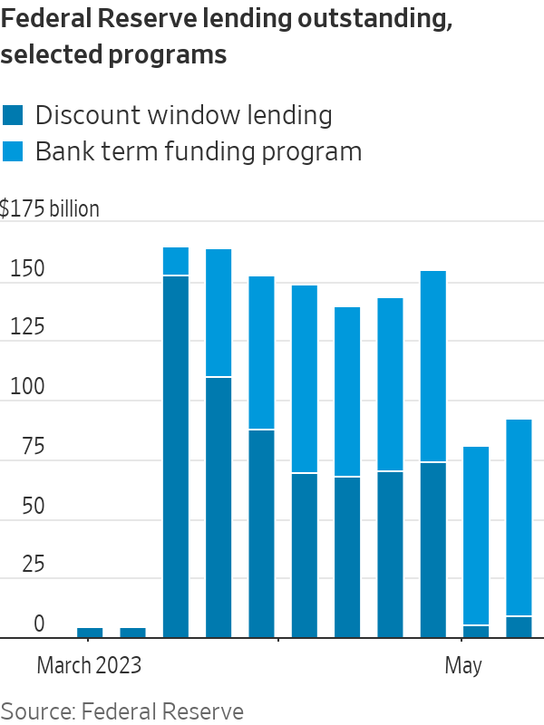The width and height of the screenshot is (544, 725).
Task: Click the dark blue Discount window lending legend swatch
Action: coord(14,115)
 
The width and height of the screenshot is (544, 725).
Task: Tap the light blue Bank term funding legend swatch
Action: coord(14,150)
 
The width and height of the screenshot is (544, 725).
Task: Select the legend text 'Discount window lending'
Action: coord(183,115)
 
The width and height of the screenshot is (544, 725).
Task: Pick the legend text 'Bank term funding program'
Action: coord(198,150)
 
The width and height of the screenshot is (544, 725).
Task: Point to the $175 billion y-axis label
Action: coord(50,208)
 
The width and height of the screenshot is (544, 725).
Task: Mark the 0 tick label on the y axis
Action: coord(39,624)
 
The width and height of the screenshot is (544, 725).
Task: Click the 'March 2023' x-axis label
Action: coord(89,666)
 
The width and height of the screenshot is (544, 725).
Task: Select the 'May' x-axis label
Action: coord(462,666)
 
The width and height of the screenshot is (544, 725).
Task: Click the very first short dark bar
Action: coord(90,633)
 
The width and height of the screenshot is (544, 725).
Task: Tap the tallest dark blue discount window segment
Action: coord(176,453)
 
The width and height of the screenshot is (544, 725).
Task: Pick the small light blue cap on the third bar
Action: coord(176,261)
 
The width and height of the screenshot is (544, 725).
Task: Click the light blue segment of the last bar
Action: coord(519,517)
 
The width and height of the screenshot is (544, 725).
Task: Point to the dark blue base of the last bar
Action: coord(519,627)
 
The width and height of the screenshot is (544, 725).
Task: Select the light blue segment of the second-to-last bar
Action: coord(476,535)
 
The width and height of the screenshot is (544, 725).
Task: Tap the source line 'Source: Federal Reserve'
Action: coord(121,711)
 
